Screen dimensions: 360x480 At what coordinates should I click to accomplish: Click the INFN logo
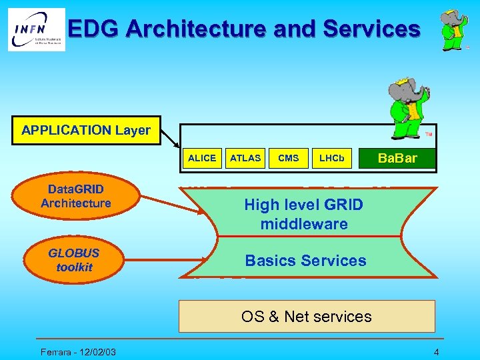[37, 30]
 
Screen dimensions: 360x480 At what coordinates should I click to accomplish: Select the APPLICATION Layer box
[86, 130]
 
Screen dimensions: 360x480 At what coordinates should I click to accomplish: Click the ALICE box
[202, 158]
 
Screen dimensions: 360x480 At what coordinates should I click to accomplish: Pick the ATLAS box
[245, 158]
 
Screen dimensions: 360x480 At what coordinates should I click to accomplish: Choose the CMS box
[288, 158]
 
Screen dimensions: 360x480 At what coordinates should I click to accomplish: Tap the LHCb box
[331, 158]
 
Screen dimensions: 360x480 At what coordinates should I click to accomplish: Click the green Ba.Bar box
[397, 158]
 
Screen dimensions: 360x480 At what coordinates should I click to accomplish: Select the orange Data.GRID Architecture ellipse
[75, 197]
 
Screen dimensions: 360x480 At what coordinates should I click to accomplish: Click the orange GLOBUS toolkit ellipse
[74, 260]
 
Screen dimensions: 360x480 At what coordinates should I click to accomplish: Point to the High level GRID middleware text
[304, 214]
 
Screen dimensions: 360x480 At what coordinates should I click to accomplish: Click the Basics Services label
[305, 261]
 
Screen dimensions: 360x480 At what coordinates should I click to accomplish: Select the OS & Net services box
[306, 316]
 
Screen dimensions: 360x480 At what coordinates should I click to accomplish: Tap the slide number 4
[436, 351]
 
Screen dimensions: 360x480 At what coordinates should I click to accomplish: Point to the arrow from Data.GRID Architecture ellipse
[173, 205]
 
